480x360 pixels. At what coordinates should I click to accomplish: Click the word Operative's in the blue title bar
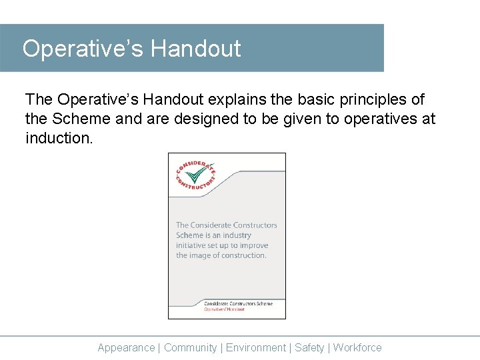[83, 49]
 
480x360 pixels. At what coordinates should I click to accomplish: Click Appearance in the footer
[126, 347]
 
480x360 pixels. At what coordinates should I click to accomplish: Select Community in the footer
[191, 347]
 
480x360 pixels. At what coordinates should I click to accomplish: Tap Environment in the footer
[256, 347]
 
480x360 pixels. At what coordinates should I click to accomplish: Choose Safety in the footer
[309, 347]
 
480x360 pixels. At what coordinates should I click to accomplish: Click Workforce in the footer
[357, 347]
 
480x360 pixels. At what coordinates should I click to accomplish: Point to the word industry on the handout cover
[237, 235]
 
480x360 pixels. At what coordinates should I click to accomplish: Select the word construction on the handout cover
[243, 255]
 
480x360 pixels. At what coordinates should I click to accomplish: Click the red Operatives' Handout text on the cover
[224, 309]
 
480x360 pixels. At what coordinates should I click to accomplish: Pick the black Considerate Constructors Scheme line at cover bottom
[238, 303]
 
